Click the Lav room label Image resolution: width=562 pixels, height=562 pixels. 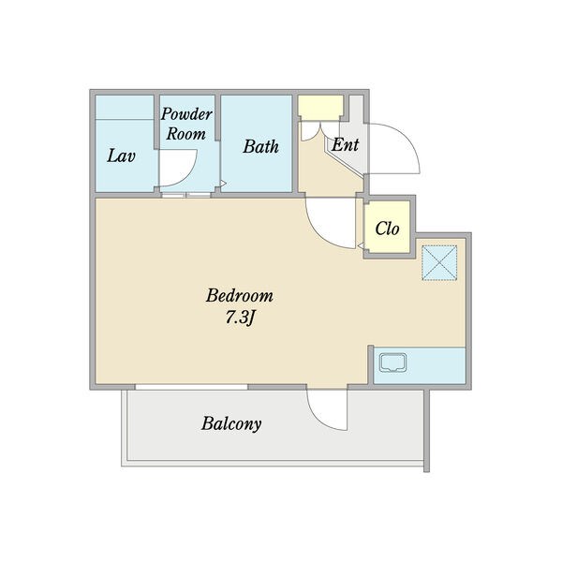(121, 156)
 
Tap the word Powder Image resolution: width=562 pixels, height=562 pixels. (186, 114)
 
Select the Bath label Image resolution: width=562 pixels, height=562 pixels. (260, 147)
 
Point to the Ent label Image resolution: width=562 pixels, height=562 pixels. (345, 145)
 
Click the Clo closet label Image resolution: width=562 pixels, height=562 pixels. (387, 229)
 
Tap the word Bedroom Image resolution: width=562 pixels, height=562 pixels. (240, 296)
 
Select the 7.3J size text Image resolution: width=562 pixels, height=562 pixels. (240, 318)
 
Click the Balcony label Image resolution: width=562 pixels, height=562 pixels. (231, 423)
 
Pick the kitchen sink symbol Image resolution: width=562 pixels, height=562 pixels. (393, 362)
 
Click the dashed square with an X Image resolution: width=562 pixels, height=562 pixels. (439, 262)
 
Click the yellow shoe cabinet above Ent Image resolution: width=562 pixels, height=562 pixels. (320, 107)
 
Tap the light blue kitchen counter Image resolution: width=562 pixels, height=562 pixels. (420, 365)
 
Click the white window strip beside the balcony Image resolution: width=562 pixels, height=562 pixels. (191, 387)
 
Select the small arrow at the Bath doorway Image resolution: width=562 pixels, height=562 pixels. (223, 184)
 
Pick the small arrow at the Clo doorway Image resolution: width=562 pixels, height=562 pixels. (361, 245)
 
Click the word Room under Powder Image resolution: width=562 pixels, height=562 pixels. (186, 134)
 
